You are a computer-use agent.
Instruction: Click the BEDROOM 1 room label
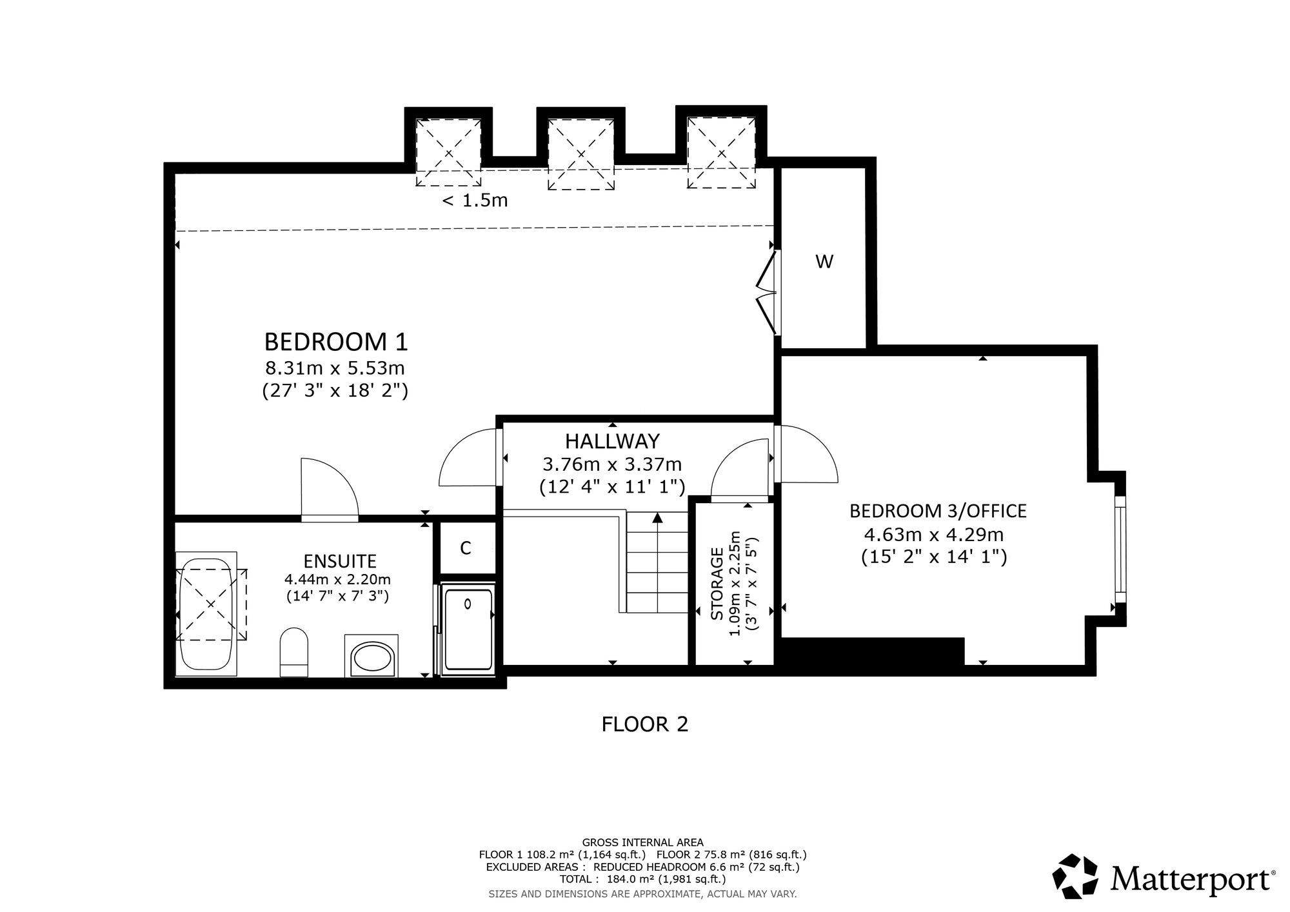pos(336,341)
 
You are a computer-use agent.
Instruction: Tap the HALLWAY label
pos(612,441)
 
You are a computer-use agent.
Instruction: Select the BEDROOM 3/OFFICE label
pos(938,511)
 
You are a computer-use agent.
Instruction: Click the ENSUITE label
pos(340,561)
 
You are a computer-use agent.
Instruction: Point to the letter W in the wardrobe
pos(824,262)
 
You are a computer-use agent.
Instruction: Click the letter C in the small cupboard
pos(466,548)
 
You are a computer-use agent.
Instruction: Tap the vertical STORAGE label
pos(717,584)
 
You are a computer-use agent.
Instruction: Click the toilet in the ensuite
pos(294,652)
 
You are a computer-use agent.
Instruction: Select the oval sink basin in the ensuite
pos(370,659)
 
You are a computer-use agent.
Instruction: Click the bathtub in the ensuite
pos(206,614)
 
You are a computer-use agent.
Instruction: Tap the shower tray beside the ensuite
pos(469,629)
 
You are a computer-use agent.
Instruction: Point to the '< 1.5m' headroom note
pos(475,201)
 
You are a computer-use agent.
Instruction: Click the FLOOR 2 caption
pos(645,724)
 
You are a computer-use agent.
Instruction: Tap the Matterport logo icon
pos(1075,877)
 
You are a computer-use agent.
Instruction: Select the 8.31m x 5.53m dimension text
pos(335,368)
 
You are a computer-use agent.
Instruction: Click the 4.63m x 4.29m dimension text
pos(934,535)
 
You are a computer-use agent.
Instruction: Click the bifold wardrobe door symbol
pos(766,293)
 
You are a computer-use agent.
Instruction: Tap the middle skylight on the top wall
pos(580,154)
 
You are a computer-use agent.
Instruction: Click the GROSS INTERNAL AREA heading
pos(643,842)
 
